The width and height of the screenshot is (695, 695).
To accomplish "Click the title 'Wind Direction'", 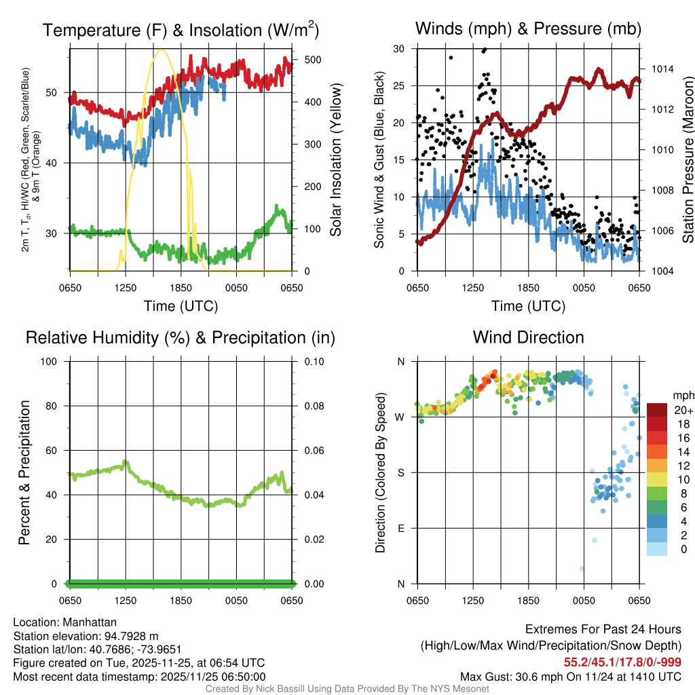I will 528,337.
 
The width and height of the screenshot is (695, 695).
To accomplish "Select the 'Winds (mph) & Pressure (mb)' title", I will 528,29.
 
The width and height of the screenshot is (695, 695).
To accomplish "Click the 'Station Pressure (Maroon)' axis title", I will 687,160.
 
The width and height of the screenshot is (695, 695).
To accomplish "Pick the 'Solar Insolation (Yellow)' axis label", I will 336,160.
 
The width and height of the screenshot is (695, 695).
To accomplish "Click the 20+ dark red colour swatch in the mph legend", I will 657,410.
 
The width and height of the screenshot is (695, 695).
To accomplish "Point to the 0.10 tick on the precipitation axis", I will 314,361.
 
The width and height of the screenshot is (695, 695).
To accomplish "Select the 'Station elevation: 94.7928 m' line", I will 86,635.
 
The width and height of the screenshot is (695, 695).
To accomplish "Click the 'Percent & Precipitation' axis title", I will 24,472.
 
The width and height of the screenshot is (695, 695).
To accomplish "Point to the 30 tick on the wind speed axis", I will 400,49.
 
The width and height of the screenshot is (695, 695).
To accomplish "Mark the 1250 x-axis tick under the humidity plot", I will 126,601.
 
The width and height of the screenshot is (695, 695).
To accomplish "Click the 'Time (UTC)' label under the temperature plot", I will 181,306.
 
